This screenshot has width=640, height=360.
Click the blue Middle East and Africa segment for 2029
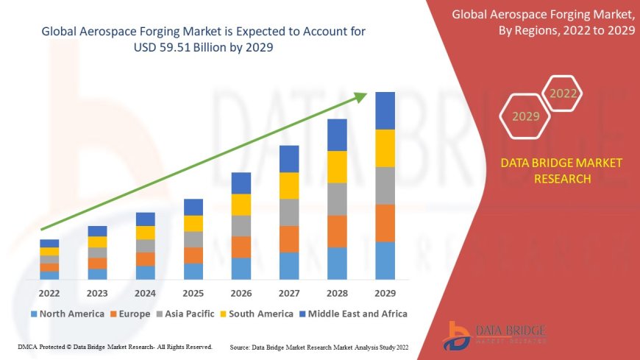[385, 110]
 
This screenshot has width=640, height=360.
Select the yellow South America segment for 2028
[337, 166]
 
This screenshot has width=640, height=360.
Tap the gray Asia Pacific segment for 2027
[289, 212]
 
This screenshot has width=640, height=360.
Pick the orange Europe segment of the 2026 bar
[241, 247]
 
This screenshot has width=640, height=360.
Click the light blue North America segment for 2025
[193, 271]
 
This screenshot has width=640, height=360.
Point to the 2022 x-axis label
[49, 293]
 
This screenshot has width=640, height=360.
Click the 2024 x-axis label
[145, 293]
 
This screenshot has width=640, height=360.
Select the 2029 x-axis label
[385, 293]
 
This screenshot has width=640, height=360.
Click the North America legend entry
[66, 314]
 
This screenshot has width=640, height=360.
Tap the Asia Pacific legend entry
[187, 314]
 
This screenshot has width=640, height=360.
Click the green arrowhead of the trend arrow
[360, 96]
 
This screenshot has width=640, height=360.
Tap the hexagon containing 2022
[563, 93]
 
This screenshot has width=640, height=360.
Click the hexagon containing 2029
[525, 116]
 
